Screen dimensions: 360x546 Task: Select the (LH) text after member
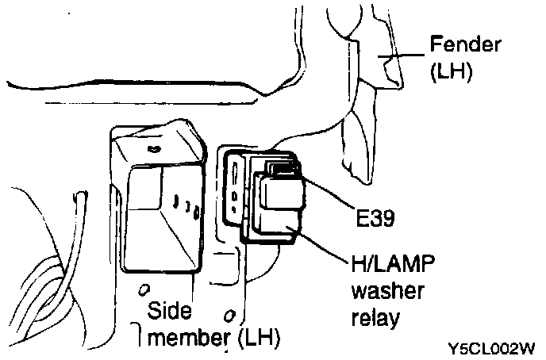(258, 339)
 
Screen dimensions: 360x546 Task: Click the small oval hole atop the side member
(153, 147)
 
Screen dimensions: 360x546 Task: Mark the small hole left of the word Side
(144, 286)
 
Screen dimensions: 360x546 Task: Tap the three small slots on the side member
(184, 209)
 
